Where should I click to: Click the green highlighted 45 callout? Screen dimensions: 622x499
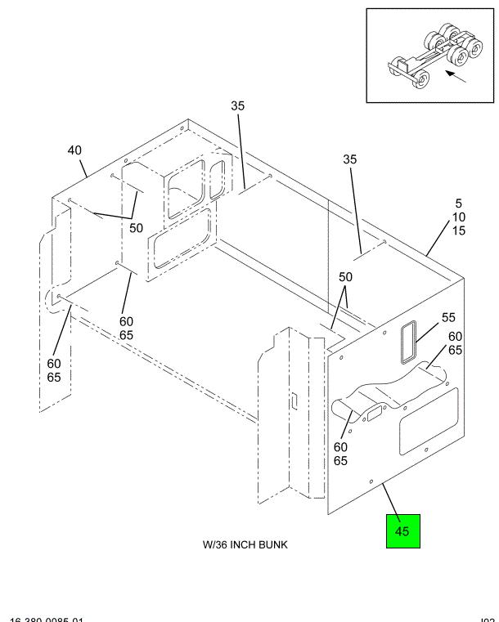(402, 530)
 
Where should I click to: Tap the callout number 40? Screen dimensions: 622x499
(75, 150)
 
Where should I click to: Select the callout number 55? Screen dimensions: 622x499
(448, 317)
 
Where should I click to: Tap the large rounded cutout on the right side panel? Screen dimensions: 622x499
(429, 421)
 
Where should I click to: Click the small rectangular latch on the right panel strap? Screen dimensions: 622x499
(373, 414)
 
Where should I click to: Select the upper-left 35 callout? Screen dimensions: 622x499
(237, 106)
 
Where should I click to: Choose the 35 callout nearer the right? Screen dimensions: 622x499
(350, 160)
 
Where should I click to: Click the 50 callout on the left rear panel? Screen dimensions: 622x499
(136, 227)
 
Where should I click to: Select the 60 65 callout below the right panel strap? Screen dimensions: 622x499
(340, 454)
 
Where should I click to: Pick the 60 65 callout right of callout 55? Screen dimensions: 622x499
(456, 343)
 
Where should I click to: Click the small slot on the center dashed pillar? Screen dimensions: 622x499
(290, 400)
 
